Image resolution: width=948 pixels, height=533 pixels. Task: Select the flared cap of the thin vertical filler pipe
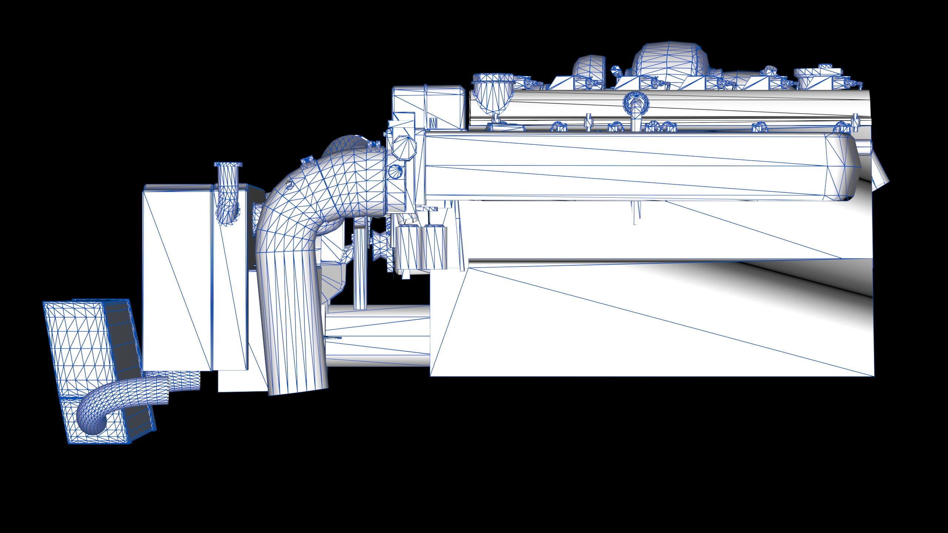click(228, 164)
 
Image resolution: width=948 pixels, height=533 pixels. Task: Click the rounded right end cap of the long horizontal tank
click(842, 167)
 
